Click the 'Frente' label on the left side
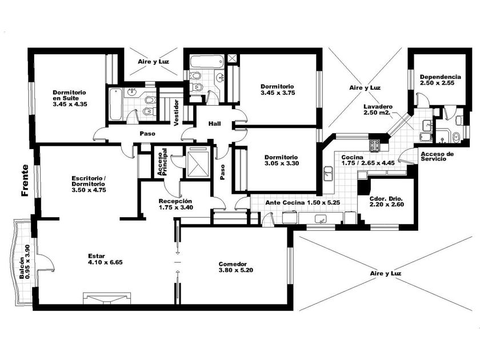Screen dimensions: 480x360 tap(25, 181)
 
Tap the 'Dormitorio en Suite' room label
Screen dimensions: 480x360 tap(70, 95)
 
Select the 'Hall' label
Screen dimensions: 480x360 tap(215, 123)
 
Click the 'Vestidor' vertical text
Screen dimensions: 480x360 tap(176, 113)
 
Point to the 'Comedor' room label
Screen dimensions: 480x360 tap(233, 264)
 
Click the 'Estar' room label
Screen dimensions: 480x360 tap(97, 256)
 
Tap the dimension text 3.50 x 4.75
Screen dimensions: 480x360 tap(89, 190)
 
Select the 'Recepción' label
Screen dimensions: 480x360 tap(175, 201)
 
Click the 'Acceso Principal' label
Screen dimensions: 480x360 tap(162, 162)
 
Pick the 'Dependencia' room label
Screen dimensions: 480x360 tap(441, 77)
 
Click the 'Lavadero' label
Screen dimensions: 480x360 tap(378, 107)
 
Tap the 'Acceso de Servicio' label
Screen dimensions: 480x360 tap(437, 157)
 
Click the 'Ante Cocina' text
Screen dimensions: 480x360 tap(285, 203)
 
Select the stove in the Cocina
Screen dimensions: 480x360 tap(375, 145)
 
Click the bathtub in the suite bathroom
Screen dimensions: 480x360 tap(116, 104)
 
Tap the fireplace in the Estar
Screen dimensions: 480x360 tap(107, 298)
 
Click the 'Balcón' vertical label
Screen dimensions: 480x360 tap(22, 268)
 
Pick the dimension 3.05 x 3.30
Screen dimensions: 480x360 tap(282, 163)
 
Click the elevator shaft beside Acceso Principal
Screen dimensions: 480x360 tap(198, 162)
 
